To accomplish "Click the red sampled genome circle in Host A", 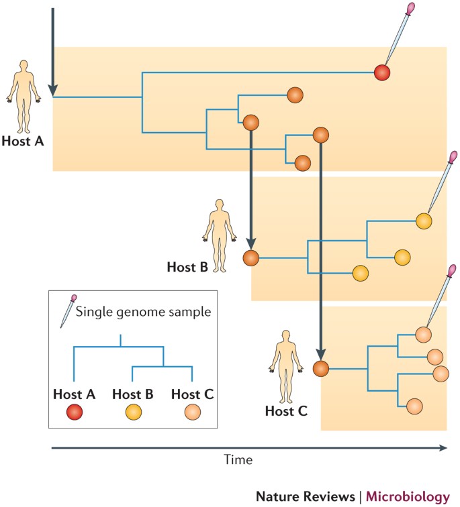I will [x=381, y=71].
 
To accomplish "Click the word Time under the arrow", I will [x=238, y=461].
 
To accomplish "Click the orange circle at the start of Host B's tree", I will [x=251, y=258].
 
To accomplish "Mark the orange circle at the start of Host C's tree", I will [x=320, y=368].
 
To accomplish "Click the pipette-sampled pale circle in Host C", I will [x=423, y=333].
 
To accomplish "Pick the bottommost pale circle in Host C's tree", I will [x=414, y=406].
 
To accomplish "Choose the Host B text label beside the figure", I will [x=185, y=267].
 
